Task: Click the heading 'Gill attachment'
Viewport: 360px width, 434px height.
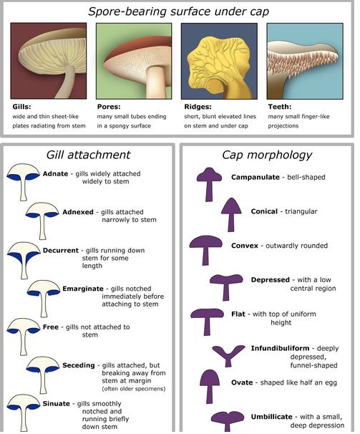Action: pyautogui.click(x=88, y=155)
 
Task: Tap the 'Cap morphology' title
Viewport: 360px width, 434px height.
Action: pyautogui.click(x=267, y=155)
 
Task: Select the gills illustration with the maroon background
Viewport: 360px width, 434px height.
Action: pyautogui.click(x=49, y=61)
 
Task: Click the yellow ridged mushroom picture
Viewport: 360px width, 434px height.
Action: pyautogui.click(x=219, y=61)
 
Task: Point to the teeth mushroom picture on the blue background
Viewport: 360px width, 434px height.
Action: pyautogui.click(x=305, y=61)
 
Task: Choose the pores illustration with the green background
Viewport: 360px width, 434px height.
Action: pyautogui.click(x=134, y=61)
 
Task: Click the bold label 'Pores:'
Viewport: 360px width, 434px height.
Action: pyautogui.click(x=109, y=107)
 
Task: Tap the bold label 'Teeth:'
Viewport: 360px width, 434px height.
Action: pyautogui.click(x=279, y=107)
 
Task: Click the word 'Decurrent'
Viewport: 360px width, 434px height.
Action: pyautogui.click(x=61, y=250)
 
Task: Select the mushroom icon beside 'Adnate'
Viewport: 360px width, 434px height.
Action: pyautogui.click(x=23, y=182)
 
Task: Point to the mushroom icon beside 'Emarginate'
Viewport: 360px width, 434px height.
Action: pyautogui.click(x=44, y=298)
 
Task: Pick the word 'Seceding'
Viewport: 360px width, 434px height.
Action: pyautogui.click(x=79, y=365)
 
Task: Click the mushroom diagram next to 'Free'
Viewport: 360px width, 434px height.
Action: pyautogui.click(x=23, y=337)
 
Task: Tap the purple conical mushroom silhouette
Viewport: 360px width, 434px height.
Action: pyautogui.click(x=231, y=215)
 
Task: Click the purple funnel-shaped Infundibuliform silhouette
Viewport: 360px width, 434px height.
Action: pyautogui.click(x=228, y=356)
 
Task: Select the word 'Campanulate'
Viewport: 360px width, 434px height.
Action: pyautogui.click(x=256, y=177)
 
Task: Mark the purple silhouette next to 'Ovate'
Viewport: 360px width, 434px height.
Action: pyautogui.click(x=210, y=387)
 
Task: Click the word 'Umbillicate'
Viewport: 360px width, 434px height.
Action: pyautogui.click(x=271, y=417)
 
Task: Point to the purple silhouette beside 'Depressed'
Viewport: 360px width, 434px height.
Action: pyautogui.click(x=226, y=287)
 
